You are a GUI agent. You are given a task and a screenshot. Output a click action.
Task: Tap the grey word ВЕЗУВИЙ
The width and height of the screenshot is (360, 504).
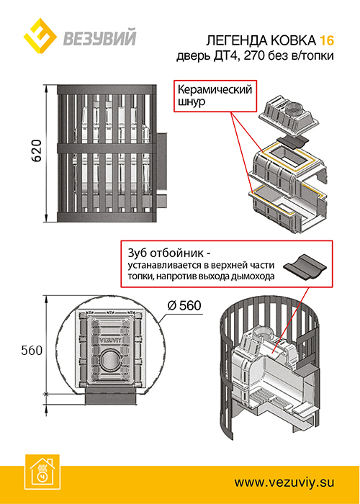99,37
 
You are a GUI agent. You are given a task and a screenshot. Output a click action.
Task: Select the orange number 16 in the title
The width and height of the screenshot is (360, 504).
327,41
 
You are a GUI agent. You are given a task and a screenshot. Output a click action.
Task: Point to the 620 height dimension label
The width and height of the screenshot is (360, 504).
36,151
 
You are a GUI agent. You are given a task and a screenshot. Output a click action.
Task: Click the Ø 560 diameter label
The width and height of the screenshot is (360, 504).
184,306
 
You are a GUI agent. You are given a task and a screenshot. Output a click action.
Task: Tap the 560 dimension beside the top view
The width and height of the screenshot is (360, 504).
32,351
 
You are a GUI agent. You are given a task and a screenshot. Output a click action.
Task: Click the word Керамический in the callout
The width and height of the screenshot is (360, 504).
215,89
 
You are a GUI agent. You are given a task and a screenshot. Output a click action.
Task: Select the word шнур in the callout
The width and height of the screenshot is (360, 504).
192,103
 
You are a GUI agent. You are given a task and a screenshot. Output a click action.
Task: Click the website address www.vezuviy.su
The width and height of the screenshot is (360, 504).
284,482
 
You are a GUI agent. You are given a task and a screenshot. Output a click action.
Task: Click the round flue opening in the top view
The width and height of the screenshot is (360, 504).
109,360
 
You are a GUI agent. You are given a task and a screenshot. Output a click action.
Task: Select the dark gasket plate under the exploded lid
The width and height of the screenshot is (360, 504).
292,142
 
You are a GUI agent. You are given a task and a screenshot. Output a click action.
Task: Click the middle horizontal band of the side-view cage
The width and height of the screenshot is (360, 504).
107,148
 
